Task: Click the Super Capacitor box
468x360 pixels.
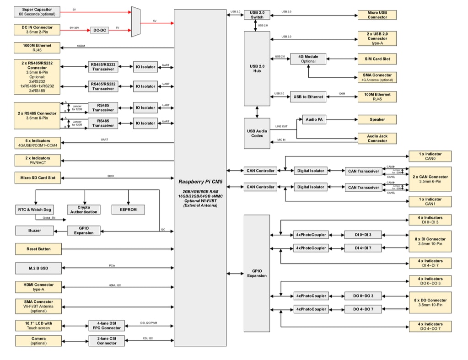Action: [37, 12]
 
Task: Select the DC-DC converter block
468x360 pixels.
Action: [99, 30]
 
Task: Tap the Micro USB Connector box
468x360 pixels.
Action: [377, 15]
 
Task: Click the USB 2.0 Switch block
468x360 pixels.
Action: [257, 15]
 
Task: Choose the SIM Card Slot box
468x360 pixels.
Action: [377, 59]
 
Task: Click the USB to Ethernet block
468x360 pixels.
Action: [308, 97]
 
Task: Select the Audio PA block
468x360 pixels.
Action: [313, 119]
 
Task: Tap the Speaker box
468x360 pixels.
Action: [377, 119]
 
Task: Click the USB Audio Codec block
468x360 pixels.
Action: [257, 133]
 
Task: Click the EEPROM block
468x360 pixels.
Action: [128, 210]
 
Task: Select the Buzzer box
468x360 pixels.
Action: [34, 231]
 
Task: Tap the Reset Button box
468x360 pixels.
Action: [38, 249]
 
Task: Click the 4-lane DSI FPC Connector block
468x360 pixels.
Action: [107, 326]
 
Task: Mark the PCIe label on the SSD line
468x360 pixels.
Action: [112, 265]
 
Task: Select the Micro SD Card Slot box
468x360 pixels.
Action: [38, 177]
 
